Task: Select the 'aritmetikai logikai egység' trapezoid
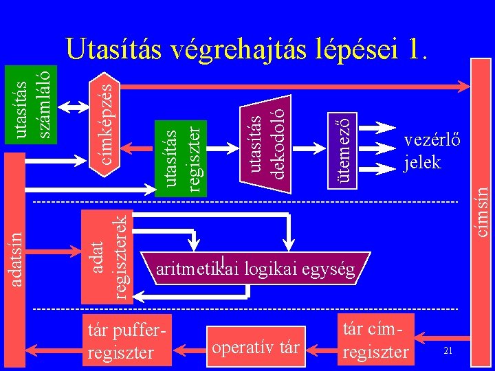256,268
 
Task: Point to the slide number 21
448,351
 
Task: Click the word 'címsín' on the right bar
483,212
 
